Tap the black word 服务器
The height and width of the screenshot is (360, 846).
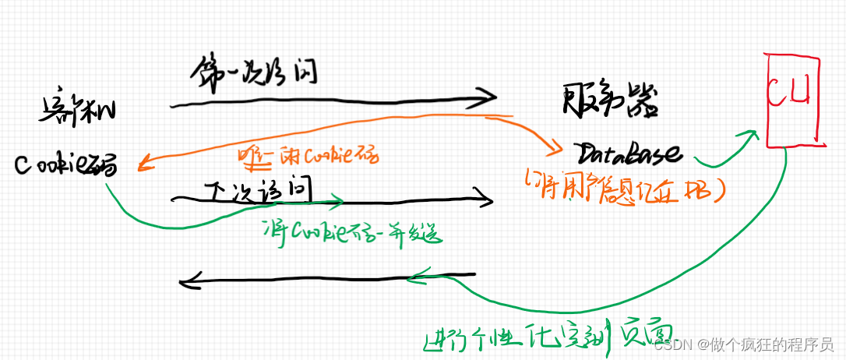coord(610,101)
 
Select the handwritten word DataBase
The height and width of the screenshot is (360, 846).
coord(629,151)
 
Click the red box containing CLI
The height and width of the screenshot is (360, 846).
coord(794,100)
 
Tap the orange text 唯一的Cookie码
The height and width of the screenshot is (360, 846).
coord(307,156)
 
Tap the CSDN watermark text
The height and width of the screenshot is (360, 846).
coord(744,344)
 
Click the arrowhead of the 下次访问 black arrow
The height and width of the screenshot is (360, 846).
coord(487,200)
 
